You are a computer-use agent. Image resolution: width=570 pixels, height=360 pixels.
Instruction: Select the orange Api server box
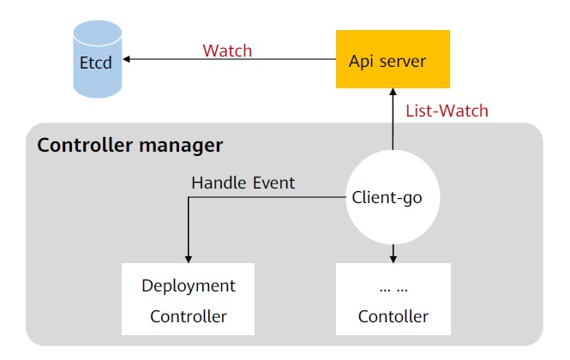(393, 60)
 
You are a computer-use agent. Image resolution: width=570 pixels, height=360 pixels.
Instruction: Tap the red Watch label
(227, 51)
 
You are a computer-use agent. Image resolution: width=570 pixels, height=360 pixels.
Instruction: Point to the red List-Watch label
(447, 110)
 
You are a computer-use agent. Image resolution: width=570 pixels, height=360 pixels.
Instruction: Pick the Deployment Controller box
(189, 299)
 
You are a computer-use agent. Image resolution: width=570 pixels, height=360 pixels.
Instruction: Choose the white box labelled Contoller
(393, 299)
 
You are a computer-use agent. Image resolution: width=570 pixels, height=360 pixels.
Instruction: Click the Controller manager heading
(129, 145)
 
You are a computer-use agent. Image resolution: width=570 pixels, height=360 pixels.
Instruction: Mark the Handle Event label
(243, 183)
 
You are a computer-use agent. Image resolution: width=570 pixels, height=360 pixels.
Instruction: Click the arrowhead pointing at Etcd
(127, 60)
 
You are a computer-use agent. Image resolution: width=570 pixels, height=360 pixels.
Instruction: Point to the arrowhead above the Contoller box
(393, 258)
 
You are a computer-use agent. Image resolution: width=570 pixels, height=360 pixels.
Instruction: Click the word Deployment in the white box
(189, 285)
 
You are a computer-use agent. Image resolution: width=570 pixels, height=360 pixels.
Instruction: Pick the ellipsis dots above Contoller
(393, 285)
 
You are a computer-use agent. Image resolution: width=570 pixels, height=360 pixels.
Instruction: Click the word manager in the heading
(185, 145)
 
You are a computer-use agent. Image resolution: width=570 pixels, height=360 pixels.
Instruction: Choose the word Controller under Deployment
(189, 316)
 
